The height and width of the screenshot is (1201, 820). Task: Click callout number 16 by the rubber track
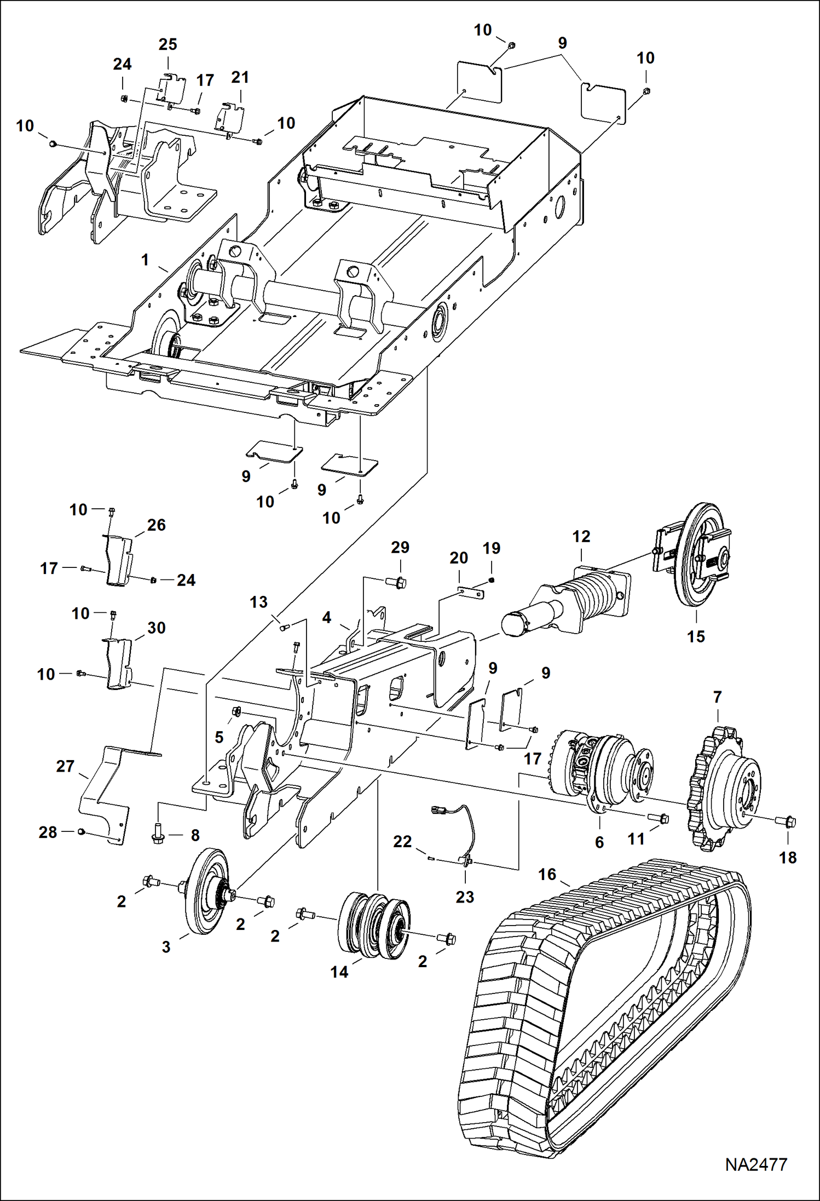[x=547, y=874]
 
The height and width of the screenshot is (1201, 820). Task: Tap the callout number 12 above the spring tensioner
[x=581, y=537]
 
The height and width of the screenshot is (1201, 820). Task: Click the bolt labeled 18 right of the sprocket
[x=788, y=822]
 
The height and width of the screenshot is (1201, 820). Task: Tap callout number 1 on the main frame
[x=145, y=260]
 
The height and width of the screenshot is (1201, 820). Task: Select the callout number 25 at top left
[x=168, y=44]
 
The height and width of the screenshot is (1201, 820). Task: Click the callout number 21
[x=240, y=77]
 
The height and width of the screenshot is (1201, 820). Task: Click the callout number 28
[x=48, y=832]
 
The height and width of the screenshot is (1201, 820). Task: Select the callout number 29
[x=400, y=547]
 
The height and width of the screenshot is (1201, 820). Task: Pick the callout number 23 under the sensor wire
[x=465, y=897]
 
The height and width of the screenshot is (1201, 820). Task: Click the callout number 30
[x=157, y=628]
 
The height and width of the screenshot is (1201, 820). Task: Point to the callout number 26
[x=157, y=525]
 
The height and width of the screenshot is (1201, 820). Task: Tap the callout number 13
[x=258, y=602]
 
